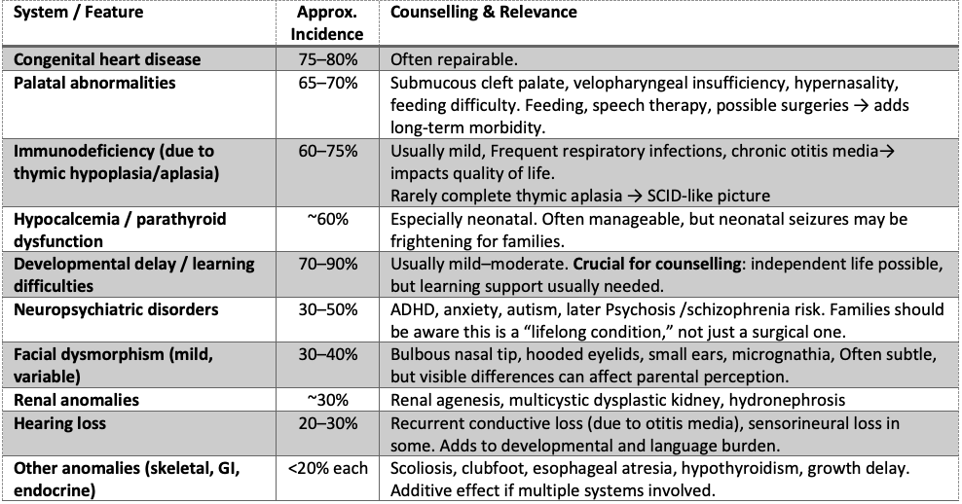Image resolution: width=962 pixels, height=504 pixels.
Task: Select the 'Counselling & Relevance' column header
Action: (x=483, y=13)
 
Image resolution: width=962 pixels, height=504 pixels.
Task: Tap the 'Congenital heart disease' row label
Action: (x=107, y=59)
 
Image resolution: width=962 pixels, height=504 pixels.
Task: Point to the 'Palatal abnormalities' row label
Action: (x=94, y=83)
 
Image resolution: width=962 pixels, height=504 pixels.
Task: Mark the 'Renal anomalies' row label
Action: (x=76, y=400)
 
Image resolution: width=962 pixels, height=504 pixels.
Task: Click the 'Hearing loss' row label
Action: (x=60, y=423)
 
